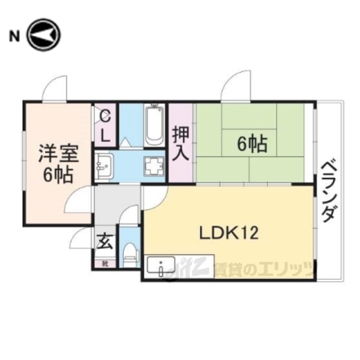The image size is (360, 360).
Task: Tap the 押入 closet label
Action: (181, 144)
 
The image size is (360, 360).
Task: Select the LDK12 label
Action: (228, 232)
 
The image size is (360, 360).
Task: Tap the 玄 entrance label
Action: (105, 242)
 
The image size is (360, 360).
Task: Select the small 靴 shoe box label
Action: (105, 263)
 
